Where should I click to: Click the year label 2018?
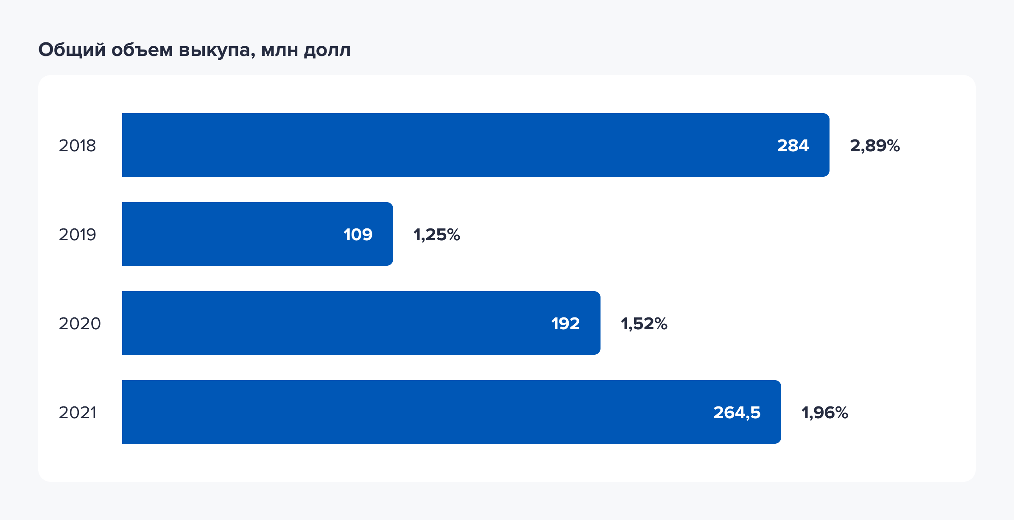pyautogui.click(x=77, y=146)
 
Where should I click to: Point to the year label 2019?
pyautogui.click(x=77, y=235)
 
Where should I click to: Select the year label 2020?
pyautogui.click(x=79, y=324)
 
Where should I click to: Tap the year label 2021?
pyautogui.click(x=77, y=413)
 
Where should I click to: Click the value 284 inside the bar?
pyautogui.click(x=793, y=146)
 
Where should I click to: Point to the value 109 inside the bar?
pyautogui.click(x=358, y=235)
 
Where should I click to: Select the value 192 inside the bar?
pyautogui.click(x=565, y=324)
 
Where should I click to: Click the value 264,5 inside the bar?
pyautogui.click(x=737, y=413)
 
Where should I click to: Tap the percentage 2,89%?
pyautogui.click(x=874, y=146)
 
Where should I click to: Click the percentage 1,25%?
pyautogui.click(x=436, y=235)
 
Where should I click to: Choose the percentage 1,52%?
pyautogui.click(x=644, y=324)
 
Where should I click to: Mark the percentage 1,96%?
pyautogui.click(x=824, y=413)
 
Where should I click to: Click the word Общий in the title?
pyautogui.click(x=72, y=50)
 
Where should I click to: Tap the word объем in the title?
pyautogui.click(x=142, y=50)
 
